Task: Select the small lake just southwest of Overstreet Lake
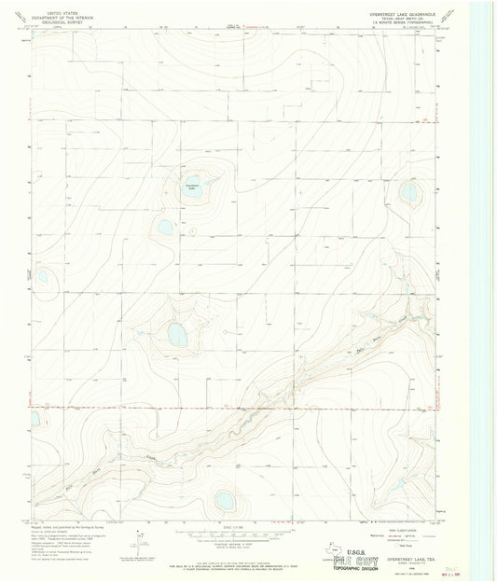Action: click(165, 227)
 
